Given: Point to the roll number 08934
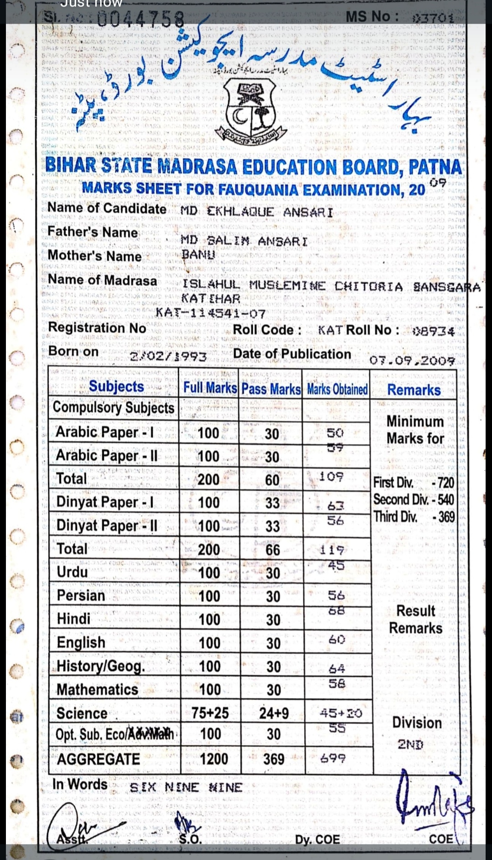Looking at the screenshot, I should point(433,331).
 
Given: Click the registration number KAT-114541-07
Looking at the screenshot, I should point(210,313).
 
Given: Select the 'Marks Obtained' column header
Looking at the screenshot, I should point(337,389).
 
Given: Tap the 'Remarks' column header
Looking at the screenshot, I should point(414,390).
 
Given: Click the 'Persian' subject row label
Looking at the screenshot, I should point(81,595).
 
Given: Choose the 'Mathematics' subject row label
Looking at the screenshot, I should point(97,690).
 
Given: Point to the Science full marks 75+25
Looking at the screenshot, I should point(210,713).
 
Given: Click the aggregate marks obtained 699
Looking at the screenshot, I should point(333,758).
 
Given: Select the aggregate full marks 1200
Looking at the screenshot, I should point(214,759).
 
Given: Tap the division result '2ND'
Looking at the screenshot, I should point(410,744).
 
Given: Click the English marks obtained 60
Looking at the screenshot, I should point(337,640).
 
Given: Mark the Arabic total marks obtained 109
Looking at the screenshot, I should point(331,477).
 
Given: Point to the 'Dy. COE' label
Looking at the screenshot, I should point(317,840).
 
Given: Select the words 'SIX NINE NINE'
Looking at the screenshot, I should point(186,788).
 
